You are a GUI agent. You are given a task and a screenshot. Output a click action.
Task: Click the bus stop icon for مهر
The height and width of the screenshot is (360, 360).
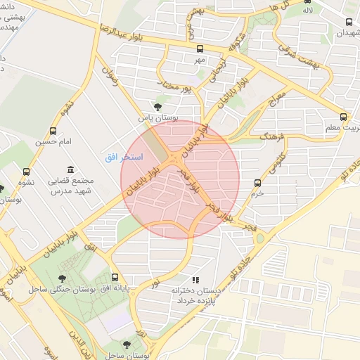(200, 49)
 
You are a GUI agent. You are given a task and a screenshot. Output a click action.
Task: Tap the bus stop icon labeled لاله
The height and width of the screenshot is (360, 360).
(307, 1)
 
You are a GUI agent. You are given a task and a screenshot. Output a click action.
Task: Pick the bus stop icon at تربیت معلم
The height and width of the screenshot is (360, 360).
(343, 117)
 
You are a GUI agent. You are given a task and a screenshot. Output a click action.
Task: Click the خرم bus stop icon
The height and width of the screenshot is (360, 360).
(258, 183)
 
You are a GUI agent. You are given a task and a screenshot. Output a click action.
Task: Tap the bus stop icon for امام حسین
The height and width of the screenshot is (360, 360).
(53, 131)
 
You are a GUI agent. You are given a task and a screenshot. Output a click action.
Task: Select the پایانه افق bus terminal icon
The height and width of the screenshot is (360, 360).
(115, 277)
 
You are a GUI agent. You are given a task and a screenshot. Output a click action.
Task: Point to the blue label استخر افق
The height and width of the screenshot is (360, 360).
(124, 157)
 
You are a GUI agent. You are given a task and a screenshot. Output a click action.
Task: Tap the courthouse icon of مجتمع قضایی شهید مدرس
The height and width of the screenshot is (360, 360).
(70, 169)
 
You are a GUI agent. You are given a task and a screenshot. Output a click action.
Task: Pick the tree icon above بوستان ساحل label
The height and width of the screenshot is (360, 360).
(126, 345)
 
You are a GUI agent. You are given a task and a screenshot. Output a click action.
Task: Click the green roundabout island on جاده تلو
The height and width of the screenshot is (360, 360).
(259, 238)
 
